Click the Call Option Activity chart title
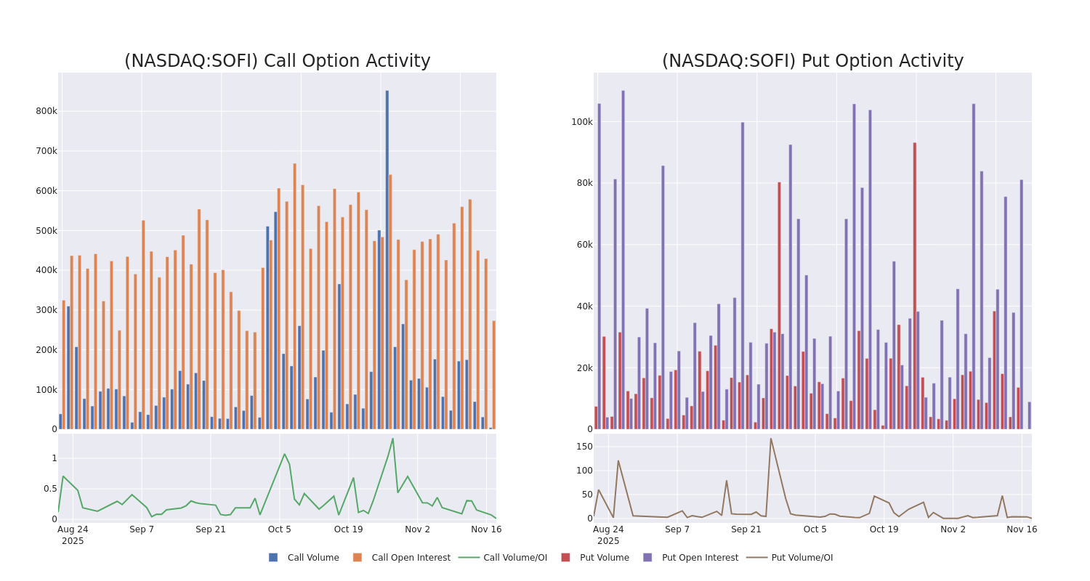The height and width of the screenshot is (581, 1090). click(x=277, y=61)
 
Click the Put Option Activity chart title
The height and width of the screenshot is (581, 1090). click(x=812, y=61)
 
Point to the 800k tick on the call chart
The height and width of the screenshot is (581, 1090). click(x=46, y=111)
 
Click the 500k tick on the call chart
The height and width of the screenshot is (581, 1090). click(x=46, y=231)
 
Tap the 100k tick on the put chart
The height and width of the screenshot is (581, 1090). click(x=581, y=122)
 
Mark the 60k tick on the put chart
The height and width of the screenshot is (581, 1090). click(x=584, y=245)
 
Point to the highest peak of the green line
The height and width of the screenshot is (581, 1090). click(x=392, y=439)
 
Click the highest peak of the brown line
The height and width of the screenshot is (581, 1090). click(x=771, y=439)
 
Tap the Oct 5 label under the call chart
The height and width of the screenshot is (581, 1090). click(x=280, y=529)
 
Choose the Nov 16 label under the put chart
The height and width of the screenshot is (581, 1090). click(x=1022, y=529)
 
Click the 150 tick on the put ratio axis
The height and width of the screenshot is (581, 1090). click(x=584, y=447)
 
